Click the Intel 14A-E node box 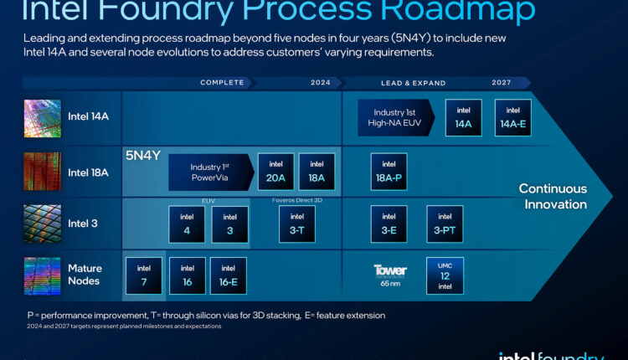[x=512, y=117]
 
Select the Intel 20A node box [x=275, y=172]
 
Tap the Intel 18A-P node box [x=389, y=172]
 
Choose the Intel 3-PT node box [x=445, y=224]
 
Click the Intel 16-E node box [x=228, y=275]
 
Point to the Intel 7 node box [x=143, y=275]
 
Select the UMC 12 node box [x=445, y=275]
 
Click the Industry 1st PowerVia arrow [x=208, y=172]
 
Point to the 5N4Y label [x=142, y=156]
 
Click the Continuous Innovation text [x=553, y=196]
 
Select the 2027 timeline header [x=502, y=83]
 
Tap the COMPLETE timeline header [x=222, y=83]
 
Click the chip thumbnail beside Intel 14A [x=42, y=118]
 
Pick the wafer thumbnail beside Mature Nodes [x=42, y=275]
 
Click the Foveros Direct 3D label [x=296, y=200]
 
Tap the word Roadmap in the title [x=466, y=11]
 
